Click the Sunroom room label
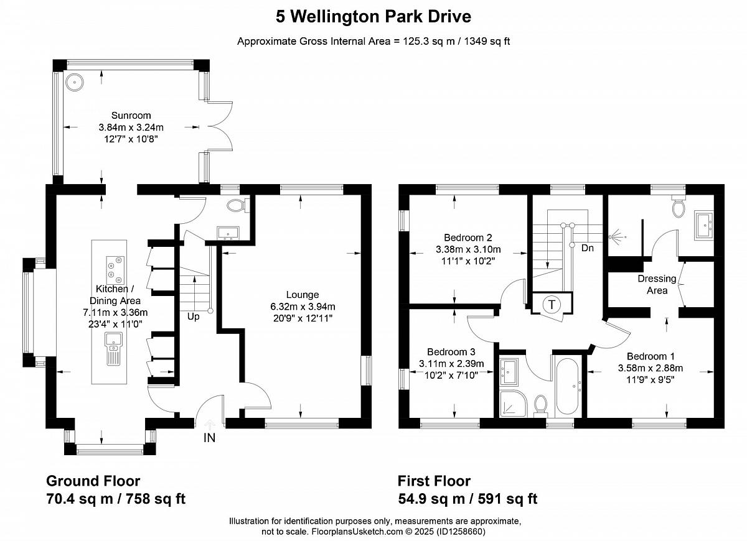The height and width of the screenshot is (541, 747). [x=131, y=116]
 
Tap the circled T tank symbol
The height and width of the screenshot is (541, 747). [x=552, y=304]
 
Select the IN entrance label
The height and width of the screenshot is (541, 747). [x=209, y=438]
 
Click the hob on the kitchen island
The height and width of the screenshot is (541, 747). [x=115, y=268]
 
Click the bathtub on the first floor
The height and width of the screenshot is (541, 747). [x=567, y=386]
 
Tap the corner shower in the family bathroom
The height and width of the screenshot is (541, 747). [x=514, y=404]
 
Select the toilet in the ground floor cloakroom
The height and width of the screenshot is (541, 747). [x=238, y=205]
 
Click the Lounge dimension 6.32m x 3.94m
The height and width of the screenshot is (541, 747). [x=303, y=307]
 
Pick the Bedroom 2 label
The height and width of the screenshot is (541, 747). [x=468, y=238]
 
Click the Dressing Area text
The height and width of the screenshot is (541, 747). [x=657, y=285]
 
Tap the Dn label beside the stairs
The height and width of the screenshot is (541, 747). [x=587, y=248]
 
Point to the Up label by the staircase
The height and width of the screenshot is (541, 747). [x=193, y=317]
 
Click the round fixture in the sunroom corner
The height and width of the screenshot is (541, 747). [x=74, y=82]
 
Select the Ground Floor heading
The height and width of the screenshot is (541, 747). [x=93, y=481]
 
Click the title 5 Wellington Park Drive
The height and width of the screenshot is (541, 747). [x=374, y=17]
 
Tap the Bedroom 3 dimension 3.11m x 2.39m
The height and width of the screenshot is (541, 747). [x=451, y=364]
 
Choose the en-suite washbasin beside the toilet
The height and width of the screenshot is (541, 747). [x=703, y=225]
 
